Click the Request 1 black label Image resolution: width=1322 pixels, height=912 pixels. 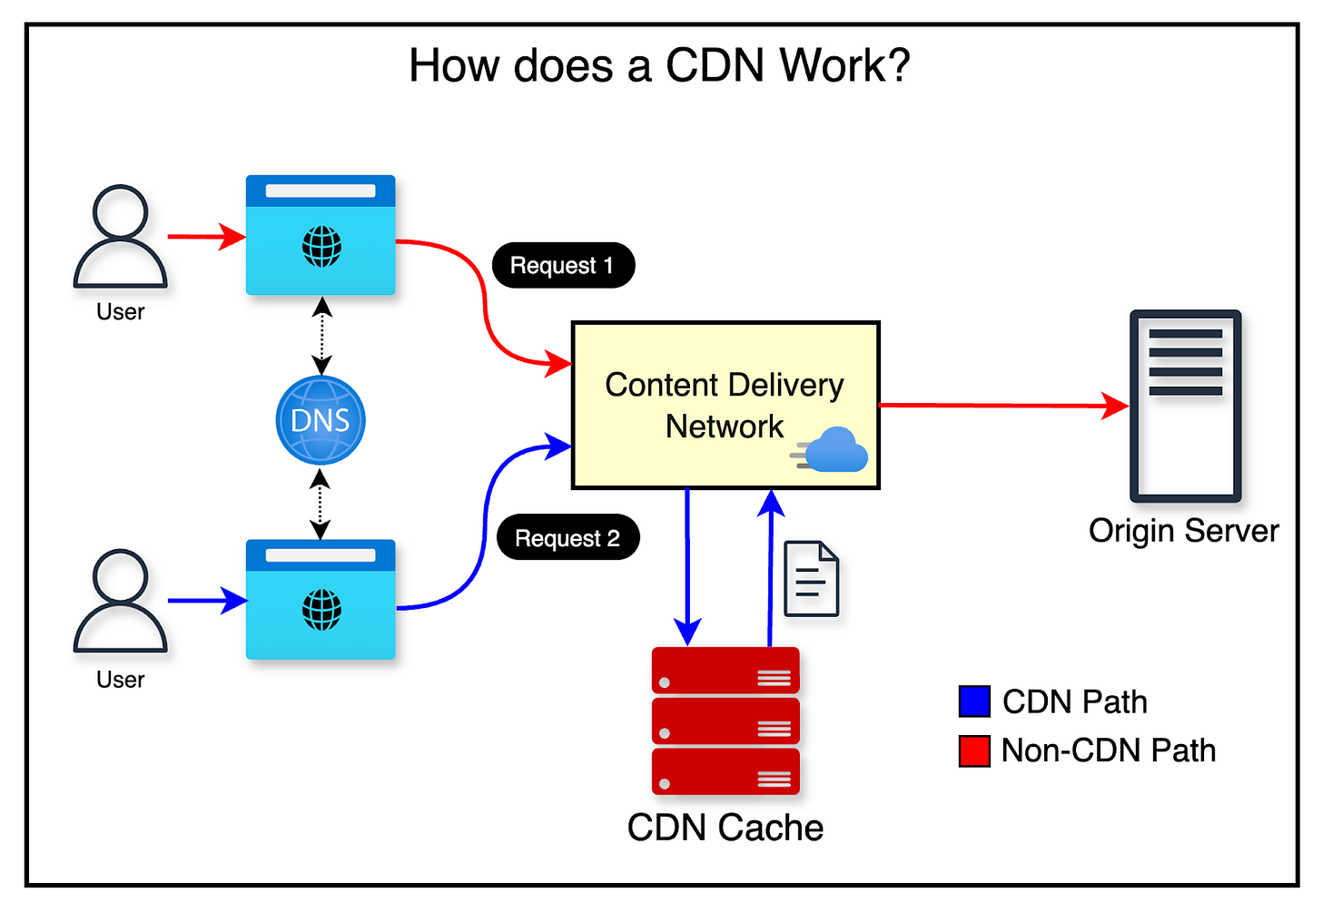tap(562, 265)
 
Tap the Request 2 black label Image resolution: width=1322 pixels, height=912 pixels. tap(567, 538)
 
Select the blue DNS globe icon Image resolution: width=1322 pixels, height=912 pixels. tap(321, 420)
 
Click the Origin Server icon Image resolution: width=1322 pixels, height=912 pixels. tap(1185, 406)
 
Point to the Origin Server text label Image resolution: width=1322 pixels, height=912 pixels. tap(1183, 531)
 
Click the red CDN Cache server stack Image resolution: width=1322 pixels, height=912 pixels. tap(725, 721)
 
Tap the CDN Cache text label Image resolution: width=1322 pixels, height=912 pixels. tap(725, 828)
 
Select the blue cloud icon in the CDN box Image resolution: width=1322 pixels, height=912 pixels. tap(833, 450)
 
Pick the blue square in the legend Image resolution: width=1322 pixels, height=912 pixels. tap(974, 701)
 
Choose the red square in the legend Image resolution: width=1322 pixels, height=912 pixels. tap(974, 751)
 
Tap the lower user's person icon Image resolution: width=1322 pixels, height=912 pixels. tap(120, 601)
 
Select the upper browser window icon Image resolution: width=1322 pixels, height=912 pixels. tap(321, 235)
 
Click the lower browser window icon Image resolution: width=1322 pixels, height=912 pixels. tap(321, 599)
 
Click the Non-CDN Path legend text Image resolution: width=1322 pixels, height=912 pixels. tap(1108, 751)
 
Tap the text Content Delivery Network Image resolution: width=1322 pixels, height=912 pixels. tap(724, 405)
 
